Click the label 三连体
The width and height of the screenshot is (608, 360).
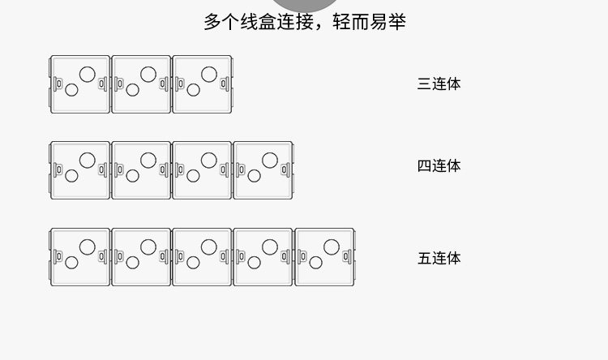[439, 84]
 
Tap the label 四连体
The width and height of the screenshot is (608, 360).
[439, 166]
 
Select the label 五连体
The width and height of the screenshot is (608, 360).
[439, 259]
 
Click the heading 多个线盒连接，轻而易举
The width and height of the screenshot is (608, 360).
[304, 22]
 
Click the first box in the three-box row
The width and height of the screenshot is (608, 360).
[79, 84]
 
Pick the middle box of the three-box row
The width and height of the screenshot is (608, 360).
[141, 84]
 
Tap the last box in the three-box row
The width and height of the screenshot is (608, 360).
[203, 84]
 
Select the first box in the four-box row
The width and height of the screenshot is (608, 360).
[79, 170]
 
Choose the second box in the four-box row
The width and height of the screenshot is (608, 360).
[141, 170]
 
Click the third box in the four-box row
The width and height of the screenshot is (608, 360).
[202, 170]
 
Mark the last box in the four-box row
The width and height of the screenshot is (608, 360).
[263, 170]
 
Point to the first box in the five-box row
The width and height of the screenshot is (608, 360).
[79, 257]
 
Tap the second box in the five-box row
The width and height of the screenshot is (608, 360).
[141, 257]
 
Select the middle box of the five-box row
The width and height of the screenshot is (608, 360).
[202, 257]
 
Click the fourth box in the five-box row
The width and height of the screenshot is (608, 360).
[263, 257]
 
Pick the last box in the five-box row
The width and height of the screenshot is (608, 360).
[324, 257]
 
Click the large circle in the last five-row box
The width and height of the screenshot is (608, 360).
[332, 246]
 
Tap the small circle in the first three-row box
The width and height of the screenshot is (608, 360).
[71, 90]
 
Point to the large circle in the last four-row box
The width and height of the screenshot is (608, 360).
[270, 160]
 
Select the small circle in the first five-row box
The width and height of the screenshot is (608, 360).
[71, 263]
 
